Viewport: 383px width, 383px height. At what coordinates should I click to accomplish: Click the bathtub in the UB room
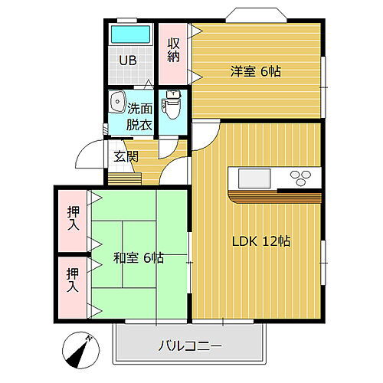(130, 35)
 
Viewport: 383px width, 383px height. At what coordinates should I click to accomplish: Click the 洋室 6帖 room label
(256, 71)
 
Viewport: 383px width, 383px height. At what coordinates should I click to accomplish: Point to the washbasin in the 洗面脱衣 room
(117, 103)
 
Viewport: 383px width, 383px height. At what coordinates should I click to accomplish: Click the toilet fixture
(172, 105)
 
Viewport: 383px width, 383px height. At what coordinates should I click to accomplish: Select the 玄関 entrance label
(126, 156)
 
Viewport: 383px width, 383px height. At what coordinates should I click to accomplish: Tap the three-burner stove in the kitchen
(300, 178)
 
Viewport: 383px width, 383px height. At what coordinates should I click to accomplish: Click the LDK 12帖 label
(261, 241)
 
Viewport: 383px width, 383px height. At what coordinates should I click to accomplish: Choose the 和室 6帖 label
(138, 257)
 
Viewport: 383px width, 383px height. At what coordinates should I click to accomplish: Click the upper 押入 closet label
(71, 218)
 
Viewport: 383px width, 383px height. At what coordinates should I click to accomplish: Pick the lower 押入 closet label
(71, 280)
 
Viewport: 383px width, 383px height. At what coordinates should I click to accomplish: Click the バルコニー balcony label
(191, 346)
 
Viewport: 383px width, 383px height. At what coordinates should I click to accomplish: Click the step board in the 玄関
(125, 178)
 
